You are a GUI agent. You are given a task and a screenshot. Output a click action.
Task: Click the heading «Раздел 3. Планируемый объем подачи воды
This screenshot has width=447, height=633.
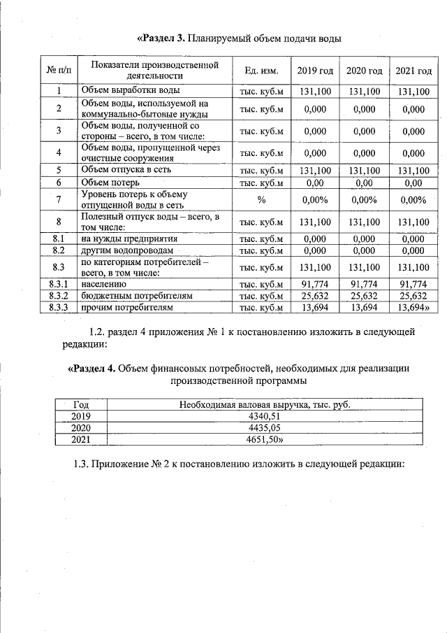coord(238,38)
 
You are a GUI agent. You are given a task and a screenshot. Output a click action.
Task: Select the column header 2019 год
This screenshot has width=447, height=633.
coord(315,71)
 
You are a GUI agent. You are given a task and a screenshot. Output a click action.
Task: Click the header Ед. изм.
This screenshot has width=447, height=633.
coord(262,71)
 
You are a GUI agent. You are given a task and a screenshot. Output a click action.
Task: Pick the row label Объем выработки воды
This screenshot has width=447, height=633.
coord(131,90)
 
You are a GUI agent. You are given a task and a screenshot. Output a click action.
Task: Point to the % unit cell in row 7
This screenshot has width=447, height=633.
coord(262,200)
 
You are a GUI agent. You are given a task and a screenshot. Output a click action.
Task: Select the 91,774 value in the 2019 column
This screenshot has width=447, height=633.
coord(315,284)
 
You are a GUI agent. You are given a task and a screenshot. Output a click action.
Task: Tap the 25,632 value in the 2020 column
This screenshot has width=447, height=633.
coord(364,295)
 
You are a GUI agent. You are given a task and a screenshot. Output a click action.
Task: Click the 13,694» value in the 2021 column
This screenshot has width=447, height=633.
coord(413,307)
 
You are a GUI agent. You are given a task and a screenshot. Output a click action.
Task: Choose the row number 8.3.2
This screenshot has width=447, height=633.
coord(59,295)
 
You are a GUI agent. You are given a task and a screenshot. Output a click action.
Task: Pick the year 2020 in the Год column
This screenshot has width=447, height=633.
coord(81,427)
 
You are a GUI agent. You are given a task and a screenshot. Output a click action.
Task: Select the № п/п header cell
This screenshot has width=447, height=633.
coord(59,71)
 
